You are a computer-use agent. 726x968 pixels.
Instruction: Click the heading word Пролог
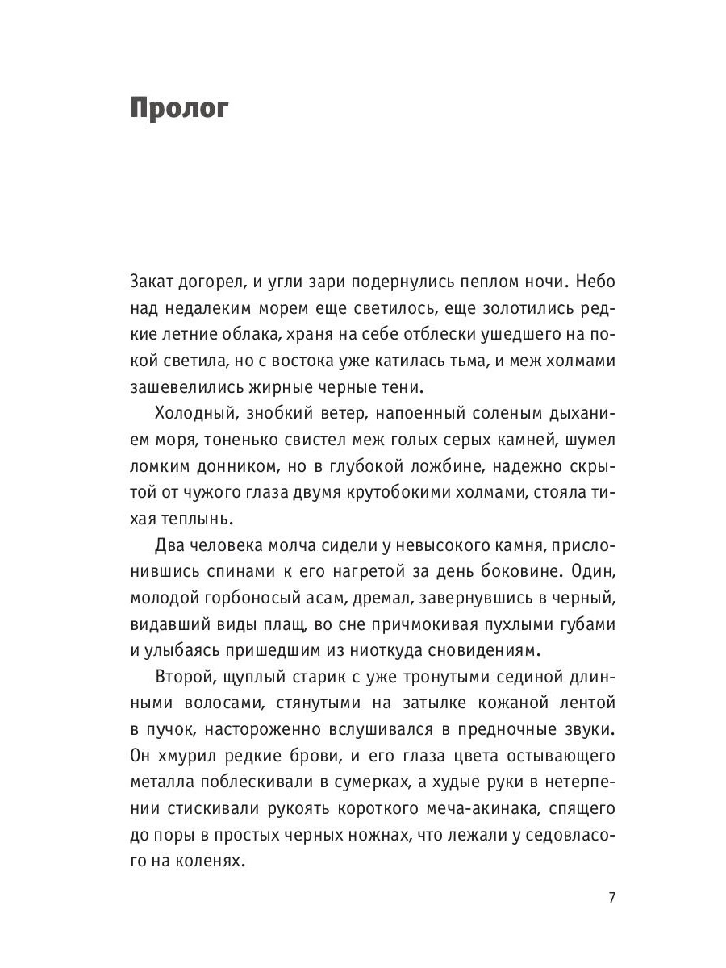point(179,109)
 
